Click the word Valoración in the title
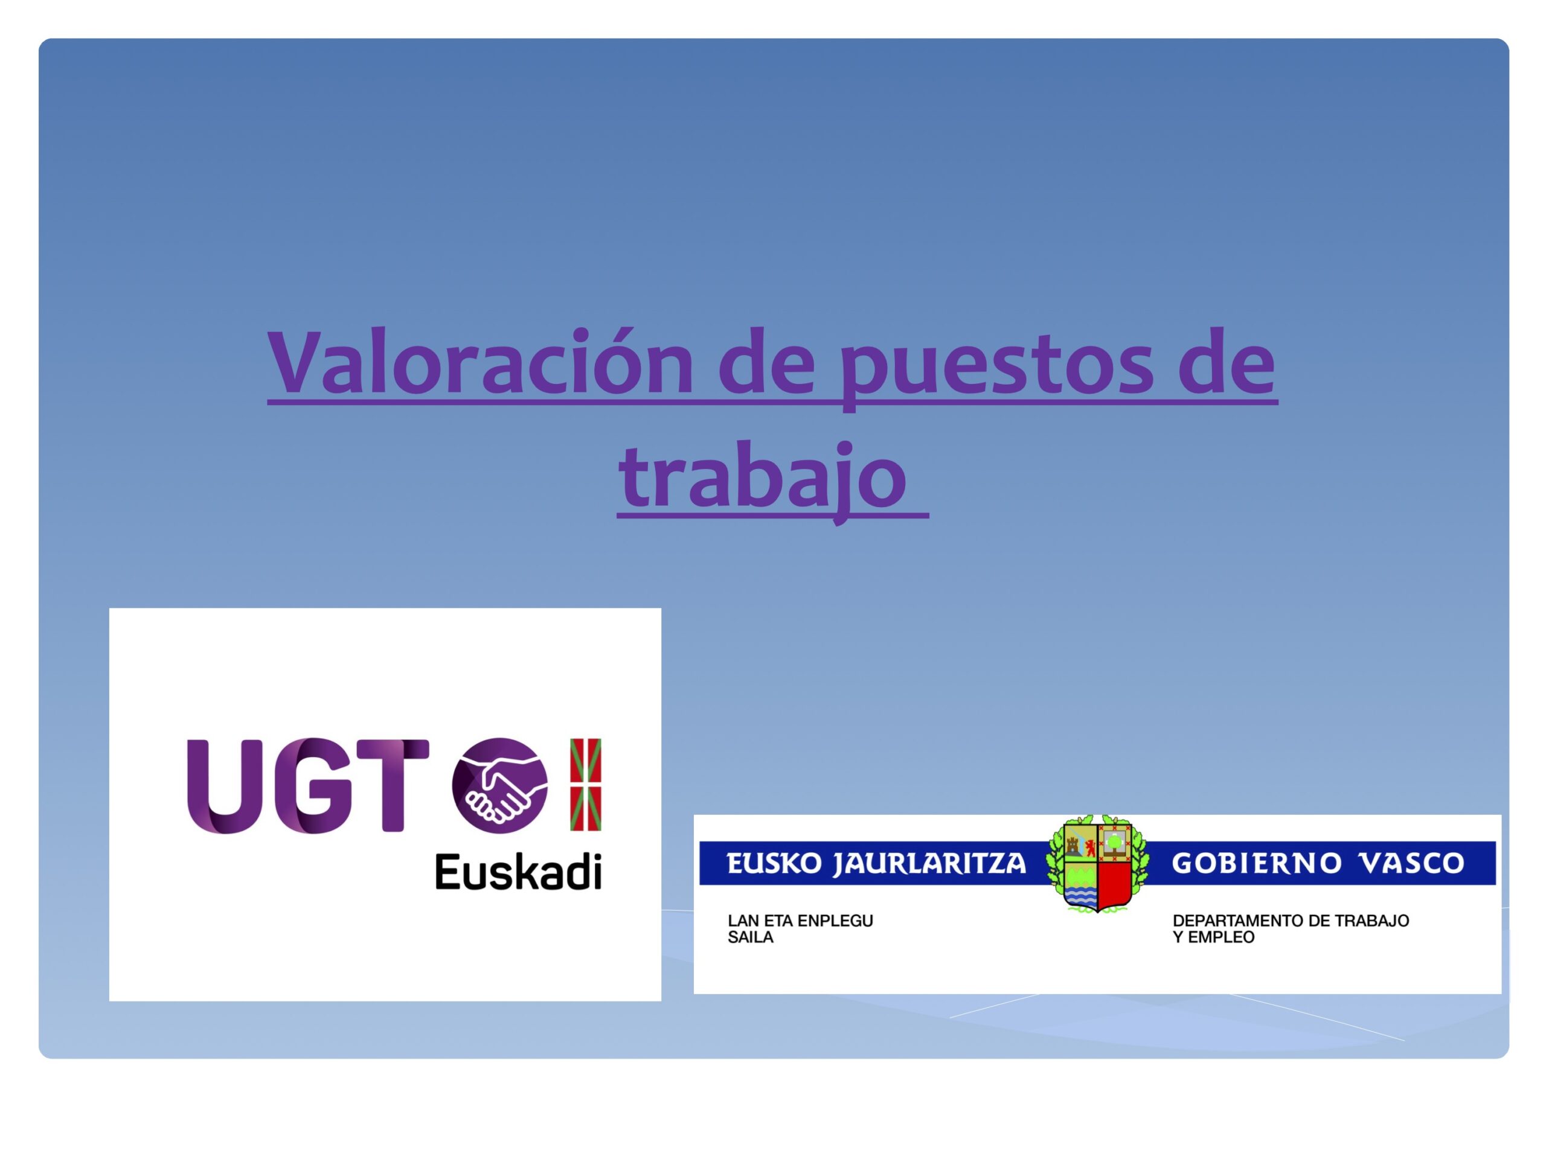coord(480,362)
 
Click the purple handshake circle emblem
coord(499,785)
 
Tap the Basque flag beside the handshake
coord(586,785)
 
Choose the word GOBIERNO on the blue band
coord(1257,863)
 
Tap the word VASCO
coord(1412,863)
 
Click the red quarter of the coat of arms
coord(1115,884)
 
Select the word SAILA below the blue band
coord(751,937)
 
